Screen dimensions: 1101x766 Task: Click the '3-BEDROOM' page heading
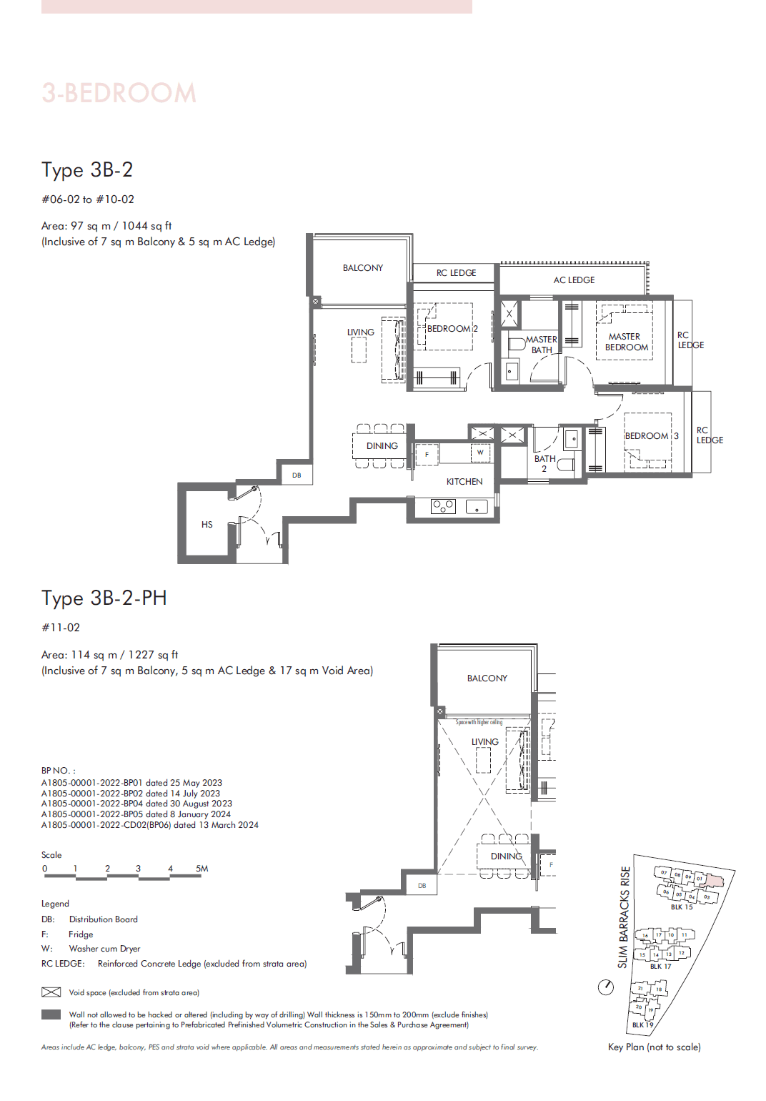pyautogui.click(x=119, y=93)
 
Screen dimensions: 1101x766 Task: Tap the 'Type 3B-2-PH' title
pyautogui.click(x=104, y=598)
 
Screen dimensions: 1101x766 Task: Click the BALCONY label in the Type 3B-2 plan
pyautogui.click(x=362, y=268)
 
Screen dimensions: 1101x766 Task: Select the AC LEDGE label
pyautogui.click(x=574, y=280)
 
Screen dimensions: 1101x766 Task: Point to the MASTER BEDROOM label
pyautogui.click(x=626, y=342)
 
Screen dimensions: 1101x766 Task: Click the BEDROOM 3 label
pyautogui.click(x=651, y=436)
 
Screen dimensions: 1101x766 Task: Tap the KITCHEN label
pyautogui.click(x=464, y=482)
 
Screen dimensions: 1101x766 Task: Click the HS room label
pyautogui.click(x=207, y=525)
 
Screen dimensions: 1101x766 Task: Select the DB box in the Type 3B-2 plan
pyautogui.click(x=297, y=475)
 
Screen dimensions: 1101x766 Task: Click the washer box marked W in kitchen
pyautogui.click(x=480, y=453)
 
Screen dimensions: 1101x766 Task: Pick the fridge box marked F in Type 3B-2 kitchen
pyautogui.click(x=427, y=455)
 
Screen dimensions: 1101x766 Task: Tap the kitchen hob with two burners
pyautogui.click(x=443, y=506)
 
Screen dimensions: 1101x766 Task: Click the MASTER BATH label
pyautogui.click(x=541, y=345)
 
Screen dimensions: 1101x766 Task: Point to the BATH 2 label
pyautogui.click(x=544, y=463)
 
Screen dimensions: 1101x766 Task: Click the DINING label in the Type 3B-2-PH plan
pyautogui.click(x=506, y=856)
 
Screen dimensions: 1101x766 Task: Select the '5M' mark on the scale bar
pyautogui.click(x=202, y=869)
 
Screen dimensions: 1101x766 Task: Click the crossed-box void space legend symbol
pyautogui.click(x=51, y=992)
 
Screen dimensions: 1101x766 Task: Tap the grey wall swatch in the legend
pyautogui.click(x=51, y=1014)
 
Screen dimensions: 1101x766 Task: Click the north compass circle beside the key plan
pyautogui.click(x=606, y=987)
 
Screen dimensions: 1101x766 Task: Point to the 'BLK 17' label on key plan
pyautogui.click(x=660, y=966)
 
